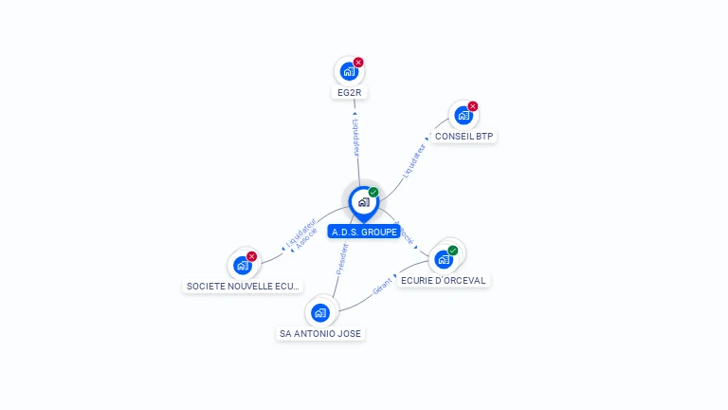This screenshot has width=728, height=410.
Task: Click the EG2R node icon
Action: pos(349,71)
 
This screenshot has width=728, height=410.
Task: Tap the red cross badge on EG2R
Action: pos(358,63)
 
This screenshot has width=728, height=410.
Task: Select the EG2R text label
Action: pos(350,93)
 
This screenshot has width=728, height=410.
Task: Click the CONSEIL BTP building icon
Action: pos(464,115)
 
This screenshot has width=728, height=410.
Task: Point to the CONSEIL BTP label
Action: pos(464,137)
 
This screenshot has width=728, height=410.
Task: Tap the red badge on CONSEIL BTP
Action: pos(473,106)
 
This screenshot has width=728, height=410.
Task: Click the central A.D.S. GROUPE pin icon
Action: pos(363,202)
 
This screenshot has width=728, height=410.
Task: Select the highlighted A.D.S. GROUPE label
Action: pos(364,232)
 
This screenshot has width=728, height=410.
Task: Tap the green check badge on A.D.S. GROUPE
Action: pos(373,193)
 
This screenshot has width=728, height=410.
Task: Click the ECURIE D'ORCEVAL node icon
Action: pos(444,258)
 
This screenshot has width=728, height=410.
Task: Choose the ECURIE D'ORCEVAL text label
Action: pos(445,281)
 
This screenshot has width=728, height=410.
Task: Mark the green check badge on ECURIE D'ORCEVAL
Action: pos(453,251)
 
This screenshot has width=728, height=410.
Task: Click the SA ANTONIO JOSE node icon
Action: pos(320,312)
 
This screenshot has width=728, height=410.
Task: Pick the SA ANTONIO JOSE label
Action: pos(320,334)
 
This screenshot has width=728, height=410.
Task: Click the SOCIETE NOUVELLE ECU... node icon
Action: pos(243,265)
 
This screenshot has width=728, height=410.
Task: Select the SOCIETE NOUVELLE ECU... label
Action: pos(244,287)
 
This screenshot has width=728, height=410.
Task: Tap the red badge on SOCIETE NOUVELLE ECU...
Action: pos(252,256)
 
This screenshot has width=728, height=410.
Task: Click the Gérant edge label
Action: pos(383,287)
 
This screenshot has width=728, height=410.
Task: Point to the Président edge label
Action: pos(342,259)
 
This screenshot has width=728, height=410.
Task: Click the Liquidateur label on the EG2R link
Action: pos(355,137)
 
